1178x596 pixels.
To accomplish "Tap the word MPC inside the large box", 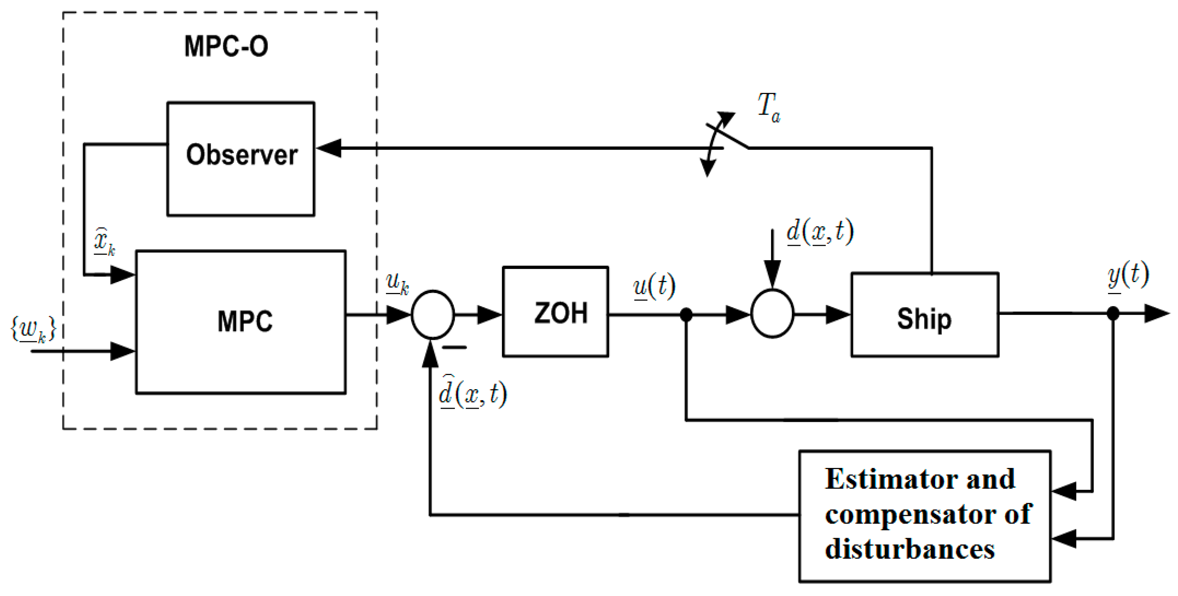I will pyautogui.click(x=245, y=321).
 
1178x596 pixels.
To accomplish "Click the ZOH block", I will pyautogui.click(x=555, y=312).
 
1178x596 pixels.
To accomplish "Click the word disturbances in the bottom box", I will pyautogui.click(x=910, y=548).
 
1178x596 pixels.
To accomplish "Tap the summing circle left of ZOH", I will pyautogui.click(x=432, y=314).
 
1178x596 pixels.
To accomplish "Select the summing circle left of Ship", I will pyautogui.click(x=772, y=314).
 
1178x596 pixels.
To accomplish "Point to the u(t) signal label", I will pyautogui.click(x=654, y=287).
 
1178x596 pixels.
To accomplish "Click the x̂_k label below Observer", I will pyautogui.click(x=104, y=241).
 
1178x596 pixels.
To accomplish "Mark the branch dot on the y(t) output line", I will pyautogui.click(x=1113, y=314).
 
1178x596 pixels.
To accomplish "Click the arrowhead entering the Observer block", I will pyautogui.click(x=328, y=148).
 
